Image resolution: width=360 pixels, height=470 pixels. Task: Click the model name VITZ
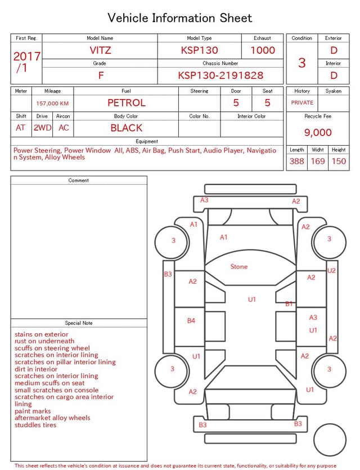click(100, 50)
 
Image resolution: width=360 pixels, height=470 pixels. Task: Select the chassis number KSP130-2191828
click(220, 75)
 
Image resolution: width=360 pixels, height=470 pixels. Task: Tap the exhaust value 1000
click(263, 50)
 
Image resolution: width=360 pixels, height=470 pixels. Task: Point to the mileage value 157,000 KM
click(52, 104)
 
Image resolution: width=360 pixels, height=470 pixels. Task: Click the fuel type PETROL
click(127, 103)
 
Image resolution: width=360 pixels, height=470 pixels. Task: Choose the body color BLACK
click(127, 128)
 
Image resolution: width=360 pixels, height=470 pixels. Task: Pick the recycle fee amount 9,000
click(318, 132)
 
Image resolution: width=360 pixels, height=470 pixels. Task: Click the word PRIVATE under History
click(302, 102)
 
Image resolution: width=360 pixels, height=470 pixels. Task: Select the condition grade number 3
click(302, 63)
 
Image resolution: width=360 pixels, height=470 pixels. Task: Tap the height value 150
click(339, 161)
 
